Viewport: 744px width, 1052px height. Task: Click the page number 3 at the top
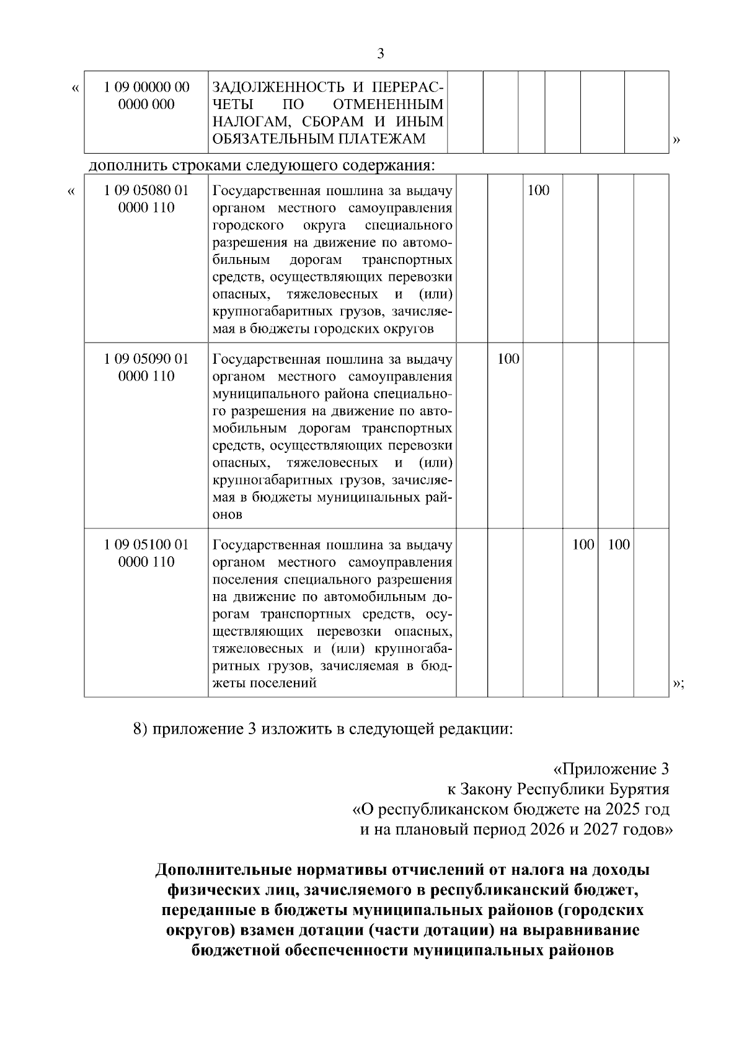coord(381,54)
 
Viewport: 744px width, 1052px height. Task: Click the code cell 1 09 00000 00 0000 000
coord(147,96)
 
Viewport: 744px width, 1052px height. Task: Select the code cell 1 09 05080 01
coord(147,199)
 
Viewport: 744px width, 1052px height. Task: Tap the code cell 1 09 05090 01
coord(147,367)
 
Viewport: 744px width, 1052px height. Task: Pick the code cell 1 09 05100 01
coord(147,553)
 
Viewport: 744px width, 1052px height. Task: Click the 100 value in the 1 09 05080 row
coord(538,190)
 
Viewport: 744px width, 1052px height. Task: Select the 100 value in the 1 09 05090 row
coord(508,359)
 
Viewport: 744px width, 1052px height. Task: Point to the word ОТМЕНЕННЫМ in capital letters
coord(388,105)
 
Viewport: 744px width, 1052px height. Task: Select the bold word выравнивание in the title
coord(585,930)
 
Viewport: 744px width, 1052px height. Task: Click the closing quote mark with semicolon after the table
coord(678,683)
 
